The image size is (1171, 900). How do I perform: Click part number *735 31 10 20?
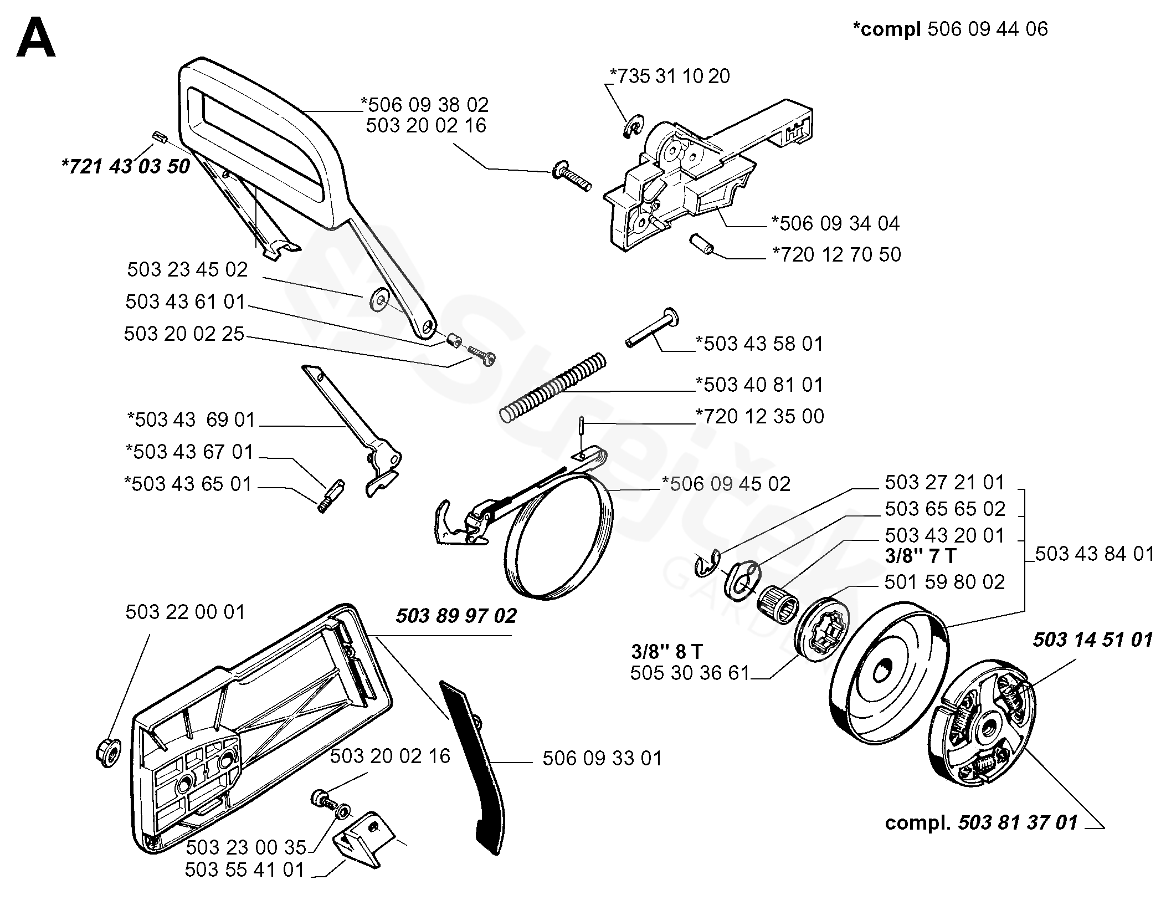[669, 76]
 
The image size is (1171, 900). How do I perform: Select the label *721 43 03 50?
[126, 166]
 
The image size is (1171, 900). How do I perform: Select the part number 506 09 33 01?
[602, 758]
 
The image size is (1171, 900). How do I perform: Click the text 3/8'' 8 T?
[667, 650]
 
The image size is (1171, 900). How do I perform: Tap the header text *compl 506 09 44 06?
[950, 29]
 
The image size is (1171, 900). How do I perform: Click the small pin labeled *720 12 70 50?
[702, 244]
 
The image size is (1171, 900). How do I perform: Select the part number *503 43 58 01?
[760, 344]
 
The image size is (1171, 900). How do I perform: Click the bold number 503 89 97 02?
[456, 615]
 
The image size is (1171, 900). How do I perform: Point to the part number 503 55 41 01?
[245, 870]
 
